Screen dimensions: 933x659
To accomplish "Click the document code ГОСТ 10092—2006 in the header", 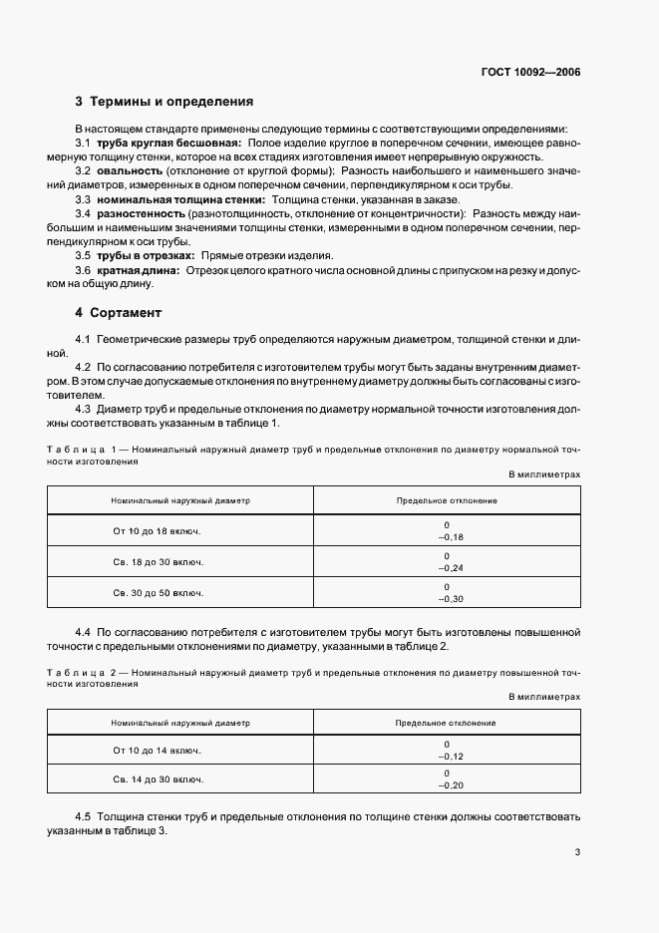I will pos(529,72).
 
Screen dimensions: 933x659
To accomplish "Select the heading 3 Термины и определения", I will pos(164,102).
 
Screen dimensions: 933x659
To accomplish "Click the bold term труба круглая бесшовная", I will pos(169,143).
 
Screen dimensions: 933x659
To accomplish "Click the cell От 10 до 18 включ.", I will pos(158,532).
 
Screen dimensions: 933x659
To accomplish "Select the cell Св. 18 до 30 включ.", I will pos(158,562).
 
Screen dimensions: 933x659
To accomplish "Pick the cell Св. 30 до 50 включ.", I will pos(158,592).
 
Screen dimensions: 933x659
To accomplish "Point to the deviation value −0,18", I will pos(446,538).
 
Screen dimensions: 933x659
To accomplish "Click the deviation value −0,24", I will pos(446,568).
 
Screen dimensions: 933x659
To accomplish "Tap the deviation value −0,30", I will pos(446,598).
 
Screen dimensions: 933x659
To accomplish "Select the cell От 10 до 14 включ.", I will pos(158,750).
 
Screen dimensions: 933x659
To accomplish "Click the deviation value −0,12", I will pos(446,756).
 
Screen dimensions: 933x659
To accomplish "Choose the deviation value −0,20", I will pos(446,785).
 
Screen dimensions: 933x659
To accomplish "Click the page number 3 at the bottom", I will pos(577,852).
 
